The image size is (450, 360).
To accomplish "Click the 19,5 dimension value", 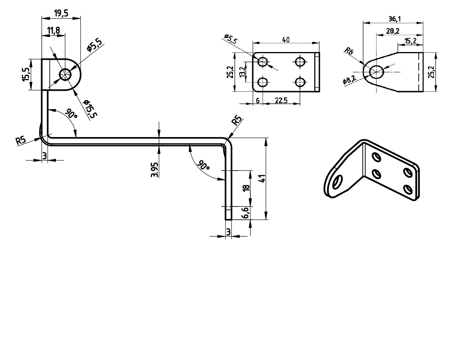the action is (x=61, y=13).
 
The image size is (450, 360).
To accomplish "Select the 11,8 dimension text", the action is (x=53, y=31).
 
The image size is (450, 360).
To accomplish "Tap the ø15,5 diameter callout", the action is (x=90, y=109).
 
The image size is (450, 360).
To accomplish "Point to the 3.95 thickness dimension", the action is (x=154, y=170).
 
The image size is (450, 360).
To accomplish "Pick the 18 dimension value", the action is (x=246, y=187).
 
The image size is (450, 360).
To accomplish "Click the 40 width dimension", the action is (x=286, y=40).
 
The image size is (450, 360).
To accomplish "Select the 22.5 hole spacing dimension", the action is (x=281, y=101).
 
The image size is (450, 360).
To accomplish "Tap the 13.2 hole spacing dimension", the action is (x=242, y=72).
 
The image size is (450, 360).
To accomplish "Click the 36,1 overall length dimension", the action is (x=394, y=19).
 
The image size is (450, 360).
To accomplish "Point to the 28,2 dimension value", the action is (x=393, y=31).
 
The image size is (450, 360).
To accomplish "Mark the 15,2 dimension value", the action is (x=411, y=41).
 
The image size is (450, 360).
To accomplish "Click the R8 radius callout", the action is (x=349, y=51).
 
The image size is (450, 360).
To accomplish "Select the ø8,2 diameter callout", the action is (x=349, y=79).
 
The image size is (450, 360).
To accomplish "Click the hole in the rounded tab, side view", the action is (x=65, y=75).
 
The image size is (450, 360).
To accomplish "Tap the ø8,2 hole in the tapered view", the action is (x=377, y=72).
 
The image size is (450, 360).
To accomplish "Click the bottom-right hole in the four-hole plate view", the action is (x=300, y=82).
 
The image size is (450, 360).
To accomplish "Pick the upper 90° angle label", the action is (x=71, y=113).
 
